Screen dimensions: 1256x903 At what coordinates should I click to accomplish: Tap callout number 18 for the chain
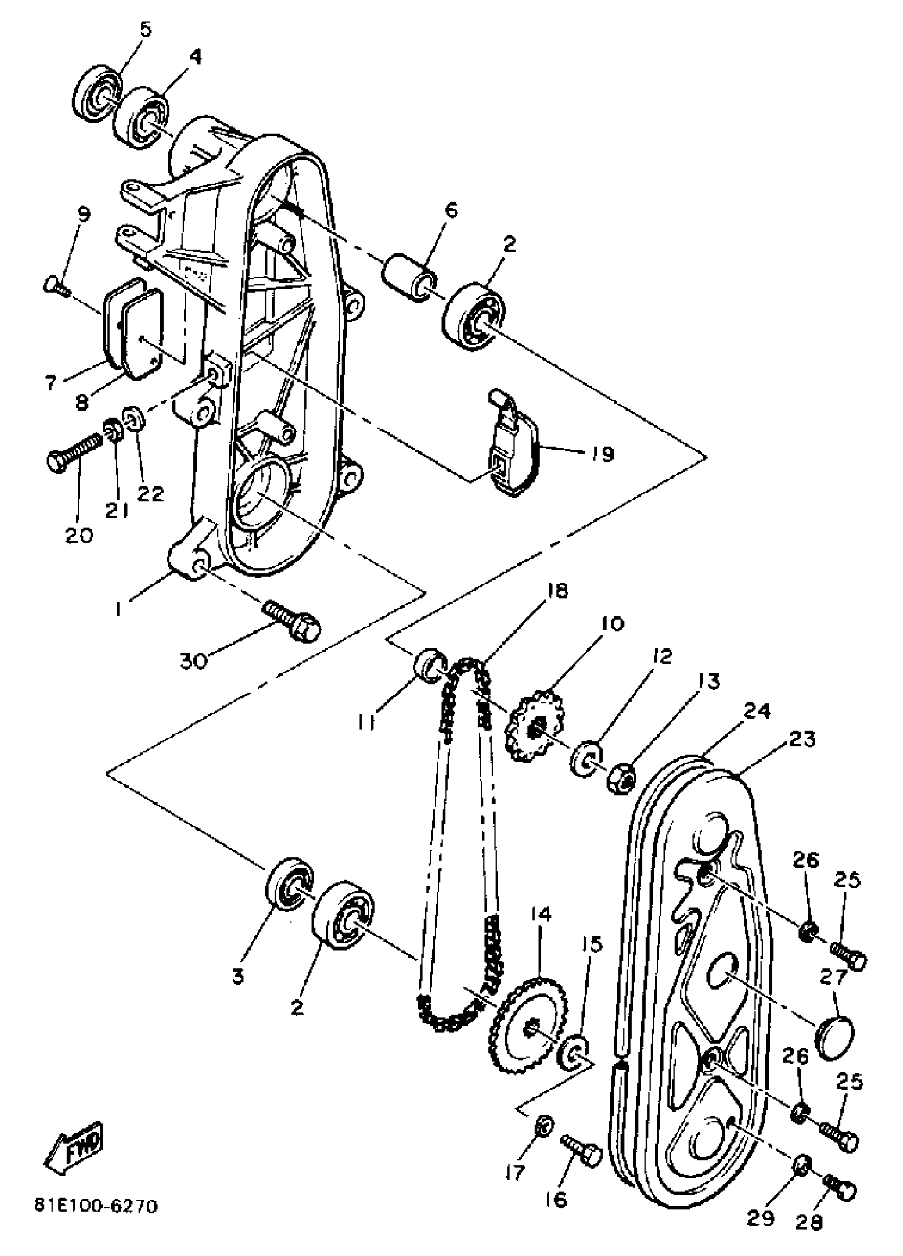click(x=558, y=592)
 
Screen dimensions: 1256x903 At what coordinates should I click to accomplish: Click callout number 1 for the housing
click(x=118, y=609)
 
